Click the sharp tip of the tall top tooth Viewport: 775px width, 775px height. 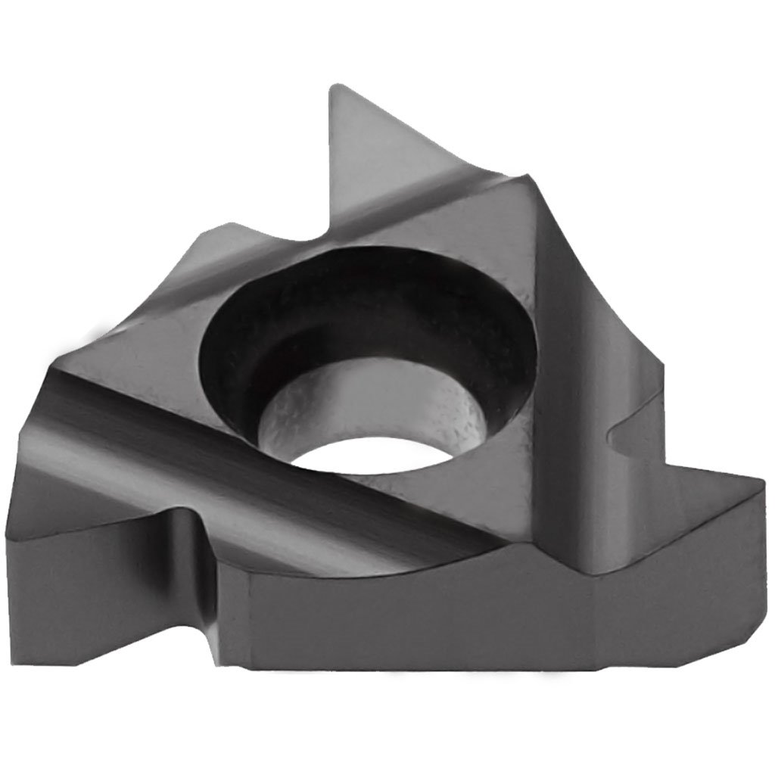pos(331,88)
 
